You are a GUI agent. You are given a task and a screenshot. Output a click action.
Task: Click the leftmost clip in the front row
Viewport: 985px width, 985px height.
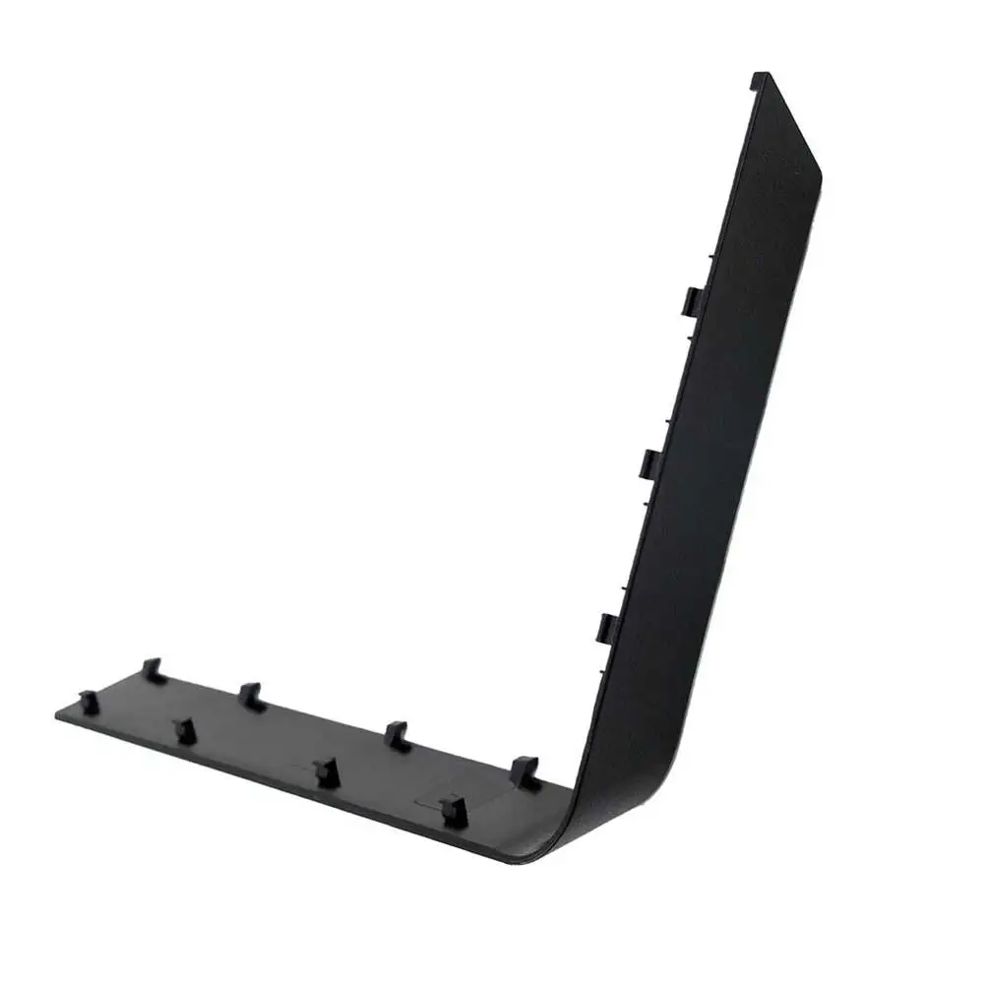click(89, 701)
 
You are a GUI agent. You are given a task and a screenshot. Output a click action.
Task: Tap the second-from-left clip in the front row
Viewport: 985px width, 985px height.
click(185, 730)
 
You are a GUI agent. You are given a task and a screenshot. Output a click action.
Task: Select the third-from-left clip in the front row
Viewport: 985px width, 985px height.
click(327, 771)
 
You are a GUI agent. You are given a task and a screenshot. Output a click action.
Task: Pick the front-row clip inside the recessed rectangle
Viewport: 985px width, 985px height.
click(452, 809)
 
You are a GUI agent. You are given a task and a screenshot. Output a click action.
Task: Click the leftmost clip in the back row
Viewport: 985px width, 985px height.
click(152, 670)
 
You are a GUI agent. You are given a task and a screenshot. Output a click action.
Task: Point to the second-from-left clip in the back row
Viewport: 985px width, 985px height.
click(250, 696)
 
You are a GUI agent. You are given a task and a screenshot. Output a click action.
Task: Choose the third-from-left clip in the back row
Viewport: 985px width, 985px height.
click(396, 735)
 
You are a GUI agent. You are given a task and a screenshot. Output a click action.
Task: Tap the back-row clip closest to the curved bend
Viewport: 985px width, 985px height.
click(525, 770)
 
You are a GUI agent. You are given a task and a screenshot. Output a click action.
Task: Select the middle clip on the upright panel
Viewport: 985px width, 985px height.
click(651, 462)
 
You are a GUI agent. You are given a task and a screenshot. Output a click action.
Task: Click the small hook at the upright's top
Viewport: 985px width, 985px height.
click(759, 79)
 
